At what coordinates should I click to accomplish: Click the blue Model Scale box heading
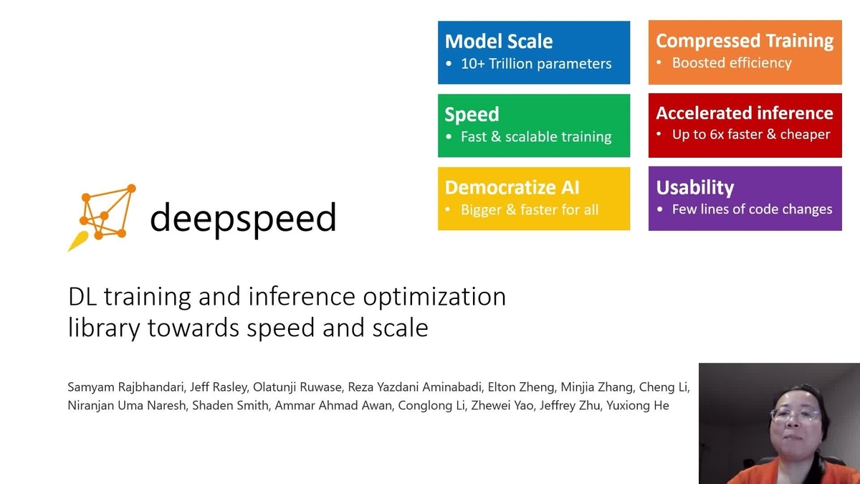498,41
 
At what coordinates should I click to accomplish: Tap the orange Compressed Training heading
745,41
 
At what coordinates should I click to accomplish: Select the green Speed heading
472,114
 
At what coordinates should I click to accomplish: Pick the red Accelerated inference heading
745,113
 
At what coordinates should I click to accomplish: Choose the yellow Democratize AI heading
512,187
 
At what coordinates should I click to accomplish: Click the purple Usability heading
695,188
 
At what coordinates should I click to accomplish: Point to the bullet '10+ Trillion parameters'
535,64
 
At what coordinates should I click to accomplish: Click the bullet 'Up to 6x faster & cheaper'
750,135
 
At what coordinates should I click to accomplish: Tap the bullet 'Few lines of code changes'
752,209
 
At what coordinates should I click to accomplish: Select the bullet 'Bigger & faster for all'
529,210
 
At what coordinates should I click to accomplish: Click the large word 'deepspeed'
243,217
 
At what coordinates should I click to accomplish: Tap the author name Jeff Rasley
215,387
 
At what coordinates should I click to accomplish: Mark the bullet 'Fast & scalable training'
535,137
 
